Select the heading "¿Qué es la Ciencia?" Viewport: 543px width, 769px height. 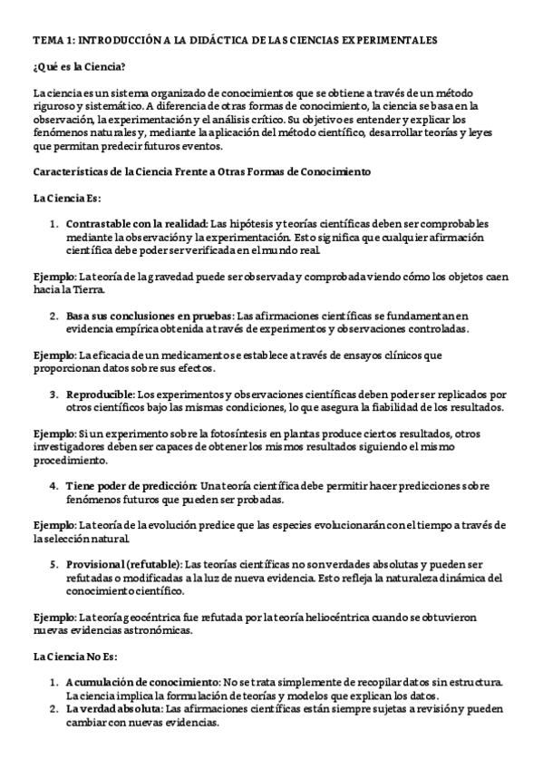tap(78, 67)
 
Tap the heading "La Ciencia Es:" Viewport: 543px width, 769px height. tap(68, 198)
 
